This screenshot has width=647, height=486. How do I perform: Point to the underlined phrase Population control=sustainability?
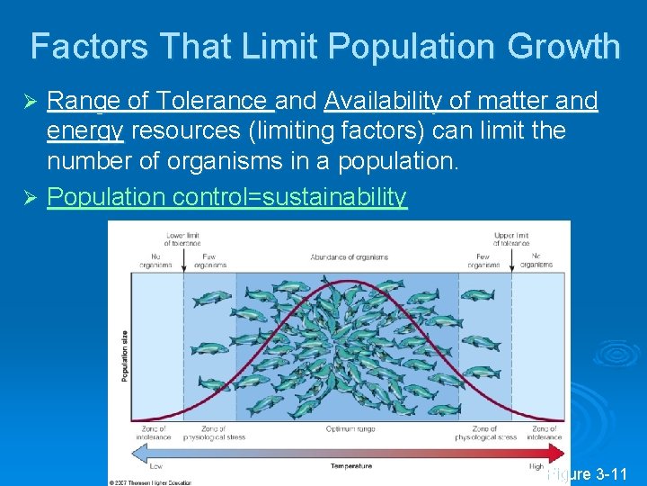tap(226, 196)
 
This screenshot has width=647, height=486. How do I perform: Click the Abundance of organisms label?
tap(350, 257)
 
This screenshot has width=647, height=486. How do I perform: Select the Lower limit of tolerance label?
tap(182, 238)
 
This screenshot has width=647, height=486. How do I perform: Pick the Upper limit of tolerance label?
tap(512, 238)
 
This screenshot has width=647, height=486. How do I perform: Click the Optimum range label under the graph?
tap(344, 429)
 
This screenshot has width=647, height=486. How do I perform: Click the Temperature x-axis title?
tap(350, 466)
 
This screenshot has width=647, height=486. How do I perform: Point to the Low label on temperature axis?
tap(156, 466)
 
